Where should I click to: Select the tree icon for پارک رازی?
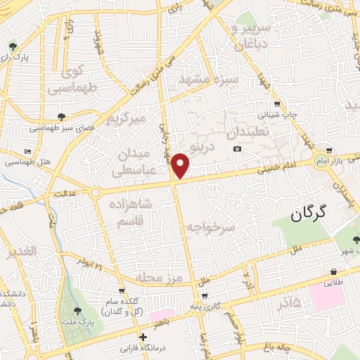click(13, 47)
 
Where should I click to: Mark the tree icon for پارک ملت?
click(77, 311)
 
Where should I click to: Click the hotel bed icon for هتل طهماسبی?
click(27, 152)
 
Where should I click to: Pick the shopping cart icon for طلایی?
click(332, 271)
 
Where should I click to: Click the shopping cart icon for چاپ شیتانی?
click(276, 103)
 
